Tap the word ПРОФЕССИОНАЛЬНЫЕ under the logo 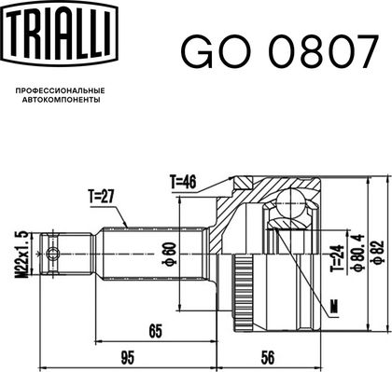[60, 90]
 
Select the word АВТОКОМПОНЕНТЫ [62, 100]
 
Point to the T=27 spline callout [102, 197]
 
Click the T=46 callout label [183, 182]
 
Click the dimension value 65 [156, 331]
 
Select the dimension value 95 [128, 359]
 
